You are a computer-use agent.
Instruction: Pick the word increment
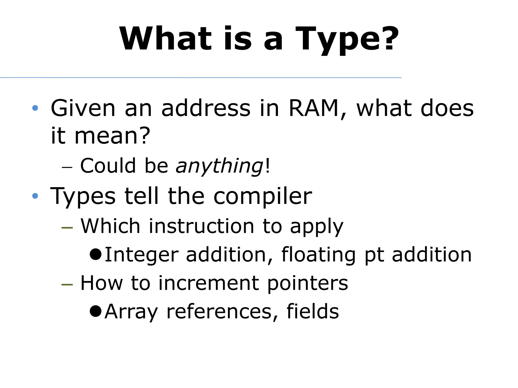click(209, 283)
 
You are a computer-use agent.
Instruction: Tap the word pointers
click(308, 283)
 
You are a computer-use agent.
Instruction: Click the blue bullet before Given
click(35, 108)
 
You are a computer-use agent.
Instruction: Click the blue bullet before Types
click(35, 196)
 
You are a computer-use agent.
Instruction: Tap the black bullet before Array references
click(96, 311)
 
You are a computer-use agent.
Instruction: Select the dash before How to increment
click(67, 284)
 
